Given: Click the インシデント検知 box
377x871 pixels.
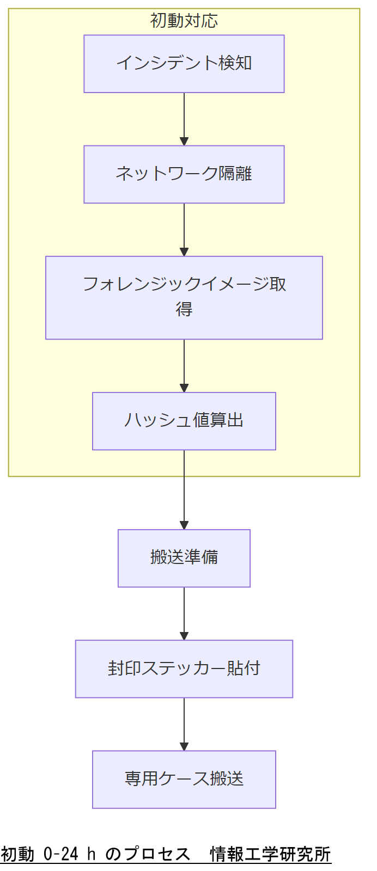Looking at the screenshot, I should [184, 64].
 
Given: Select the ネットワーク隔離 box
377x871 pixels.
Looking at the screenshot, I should [184, 174].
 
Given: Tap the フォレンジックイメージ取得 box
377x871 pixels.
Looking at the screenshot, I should [184, 297].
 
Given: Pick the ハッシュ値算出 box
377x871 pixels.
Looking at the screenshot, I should [184, 421].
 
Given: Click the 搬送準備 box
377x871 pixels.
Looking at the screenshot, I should [184, 558].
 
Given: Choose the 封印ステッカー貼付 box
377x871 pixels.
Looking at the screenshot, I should [184, 668].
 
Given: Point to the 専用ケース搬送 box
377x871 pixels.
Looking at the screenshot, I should [184, 779].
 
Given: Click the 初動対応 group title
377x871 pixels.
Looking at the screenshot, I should [184, 21].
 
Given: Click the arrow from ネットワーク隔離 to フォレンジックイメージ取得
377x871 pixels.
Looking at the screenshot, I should [184, 229].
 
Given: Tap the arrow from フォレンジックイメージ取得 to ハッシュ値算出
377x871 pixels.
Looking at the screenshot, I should [184, 365].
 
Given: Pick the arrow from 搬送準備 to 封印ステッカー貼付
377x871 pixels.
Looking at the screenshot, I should [184, 613].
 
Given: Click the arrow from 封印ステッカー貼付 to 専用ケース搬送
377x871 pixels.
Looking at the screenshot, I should [184, 723].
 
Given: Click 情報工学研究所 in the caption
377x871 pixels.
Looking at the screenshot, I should [270, 854].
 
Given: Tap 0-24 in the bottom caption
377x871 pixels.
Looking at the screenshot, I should [61, 854].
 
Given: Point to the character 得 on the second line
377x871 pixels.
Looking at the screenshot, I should [184, 309].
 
